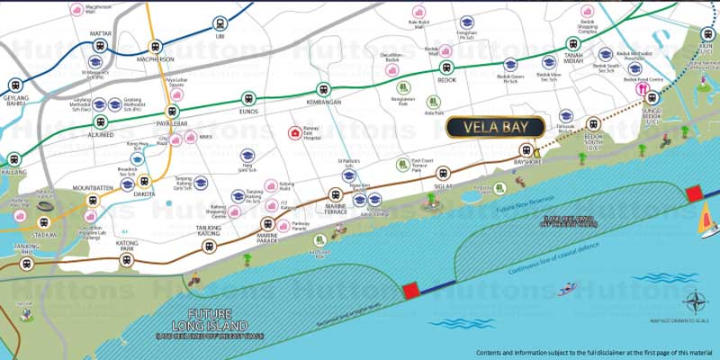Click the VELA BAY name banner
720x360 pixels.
494,127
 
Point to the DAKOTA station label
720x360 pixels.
145,193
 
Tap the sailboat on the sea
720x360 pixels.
707,217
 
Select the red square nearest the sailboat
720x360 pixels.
693,194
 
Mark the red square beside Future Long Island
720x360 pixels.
410,289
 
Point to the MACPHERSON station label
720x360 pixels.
156,59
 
